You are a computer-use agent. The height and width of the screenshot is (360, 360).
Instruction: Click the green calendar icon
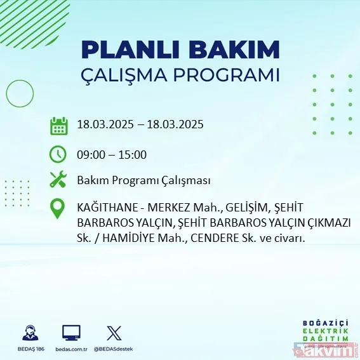58,125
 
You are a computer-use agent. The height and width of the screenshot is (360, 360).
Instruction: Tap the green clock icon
58,154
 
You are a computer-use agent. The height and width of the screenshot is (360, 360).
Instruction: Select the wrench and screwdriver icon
58,180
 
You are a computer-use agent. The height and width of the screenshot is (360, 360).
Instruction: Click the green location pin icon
58,209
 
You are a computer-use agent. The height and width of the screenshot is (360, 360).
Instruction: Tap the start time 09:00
90,154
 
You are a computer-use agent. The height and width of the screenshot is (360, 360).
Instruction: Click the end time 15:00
133,154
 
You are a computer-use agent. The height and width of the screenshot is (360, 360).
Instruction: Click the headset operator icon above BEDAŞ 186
29,333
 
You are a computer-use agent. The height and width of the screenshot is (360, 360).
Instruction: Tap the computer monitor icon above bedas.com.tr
71,333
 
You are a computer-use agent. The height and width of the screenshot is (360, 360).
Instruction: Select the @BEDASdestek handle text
114,349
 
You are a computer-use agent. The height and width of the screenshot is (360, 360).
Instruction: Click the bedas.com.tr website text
71,349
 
